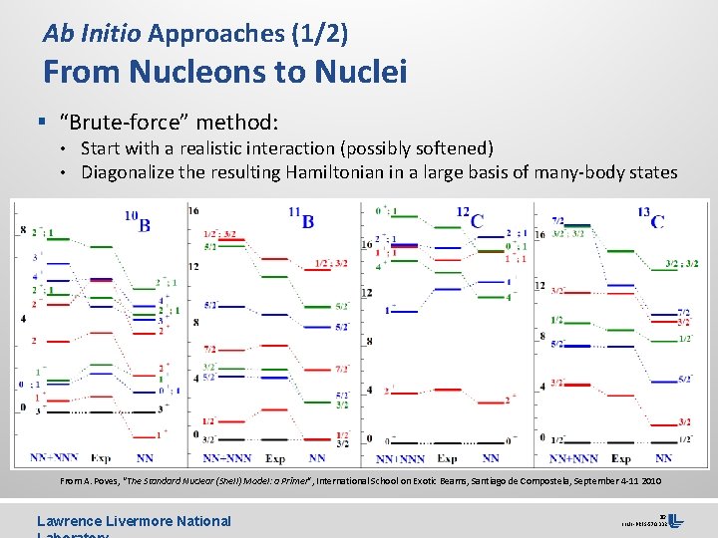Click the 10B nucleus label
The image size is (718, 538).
(138, 221)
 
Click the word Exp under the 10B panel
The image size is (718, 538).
(100, 458)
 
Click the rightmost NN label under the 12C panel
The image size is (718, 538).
(491, 458)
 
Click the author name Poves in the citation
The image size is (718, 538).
(116, 481)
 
